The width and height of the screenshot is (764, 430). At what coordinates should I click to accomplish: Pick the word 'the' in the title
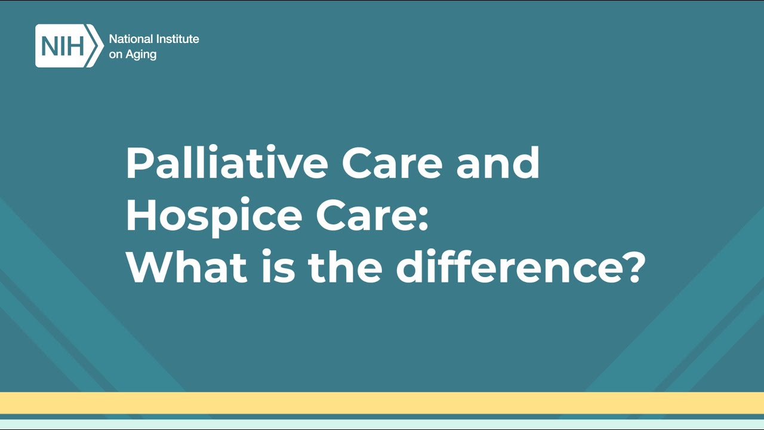[x=345, y=268]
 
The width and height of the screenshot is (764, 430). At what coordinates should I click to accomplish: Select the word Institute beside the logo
[x=177, y=39]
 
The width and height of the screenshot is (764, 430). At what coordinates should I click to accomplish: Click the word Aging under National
[x=141, y=55]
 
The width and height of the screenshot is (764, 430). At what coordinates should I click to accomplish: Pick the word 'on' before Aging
[x=115, y=55]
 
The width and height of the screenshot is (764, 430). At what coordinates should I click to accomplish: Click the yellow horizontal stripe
[x=382, y=403]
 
